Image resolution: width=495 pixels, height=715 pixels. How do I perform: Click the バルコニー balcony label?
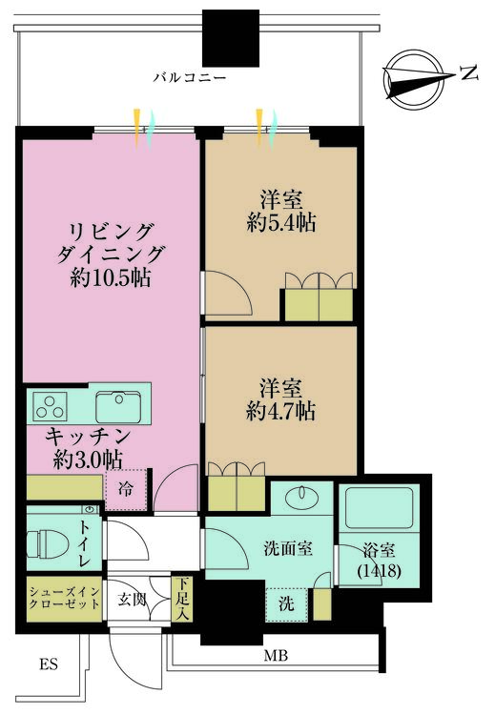coord(190,77)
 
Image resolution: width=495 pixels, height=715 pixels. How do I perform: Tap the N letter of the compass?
coord(468,73)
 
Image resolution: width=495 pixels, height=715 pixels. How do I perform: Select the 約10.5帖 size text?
coord(111,277)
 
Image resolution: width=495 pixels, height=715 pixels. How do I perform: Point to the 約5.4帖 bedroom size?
coord(281,223)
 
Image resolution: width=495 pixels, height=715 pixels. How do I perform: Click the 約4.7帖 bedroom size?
coord(280,412)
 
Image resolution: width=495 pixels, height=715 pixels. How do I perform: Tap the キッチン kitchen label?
coord(88,438)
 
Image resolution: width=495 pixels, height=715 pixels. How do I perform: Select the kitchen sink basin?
coord(118,407)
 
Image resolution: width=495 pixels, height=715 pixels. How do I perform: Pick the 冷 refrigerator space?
coord(126,489)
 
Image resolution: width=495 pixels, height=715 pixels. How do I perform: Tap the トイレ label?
coord(85,544)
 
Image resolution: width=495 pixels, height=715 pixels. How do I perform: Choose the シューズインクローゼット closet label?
coord(64,599)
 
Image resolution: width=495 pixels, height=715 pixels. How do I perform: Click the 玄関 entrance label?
coord(133,600)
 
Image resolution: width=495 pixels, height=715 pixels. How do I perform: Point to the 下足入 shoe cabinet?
coord(182,599)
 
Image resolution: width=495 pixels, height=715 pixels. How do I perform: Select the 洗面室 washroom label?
coord(288,548)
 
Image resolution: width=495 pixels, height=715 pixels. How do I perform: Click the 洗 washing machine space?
coord(286,604)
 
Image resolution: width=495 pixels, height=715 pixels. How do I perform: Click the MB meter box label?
coord(276,656)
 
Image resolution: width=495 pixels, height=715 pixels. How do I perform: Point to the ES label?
coord(49,664)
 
